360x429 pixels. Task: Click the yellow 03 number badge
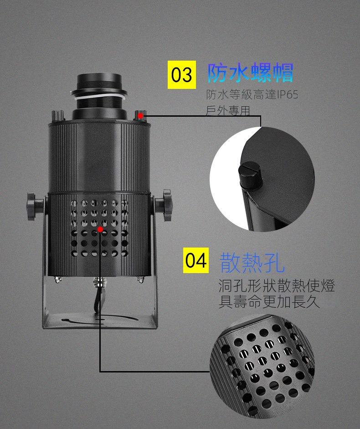(182, 75)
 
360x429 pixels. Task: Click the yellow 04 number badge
(196, 260)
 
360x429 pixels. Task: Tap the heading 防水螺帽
(250, 72)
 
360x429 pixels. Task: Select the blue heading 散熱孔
(252, 263)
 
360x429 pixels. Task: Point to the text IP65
(287, 95)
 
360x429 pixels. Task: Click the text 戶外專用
(228, 111)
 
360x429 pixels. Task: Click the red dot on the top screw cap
(140, 116)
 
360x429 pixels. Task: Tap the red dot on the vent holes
(100, 229)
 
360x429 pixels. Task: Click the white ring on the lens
(99, 95)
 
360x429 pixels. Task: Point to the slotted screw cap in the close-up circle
(250, 176)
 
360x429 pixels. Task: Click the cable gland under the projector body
(98, 282)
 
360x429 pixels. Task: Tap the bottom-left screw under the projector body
(58, 279)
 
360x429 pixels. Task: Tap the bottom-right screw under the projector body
(140, 279)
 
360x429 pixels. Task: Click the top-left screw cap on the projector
(58, 116)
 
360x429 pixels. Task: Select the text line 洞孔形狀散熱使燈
(277, 286)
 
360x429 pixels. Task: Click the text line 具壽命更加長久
(269, 302)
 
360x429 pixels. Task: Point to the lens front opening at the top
(99, 77)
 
